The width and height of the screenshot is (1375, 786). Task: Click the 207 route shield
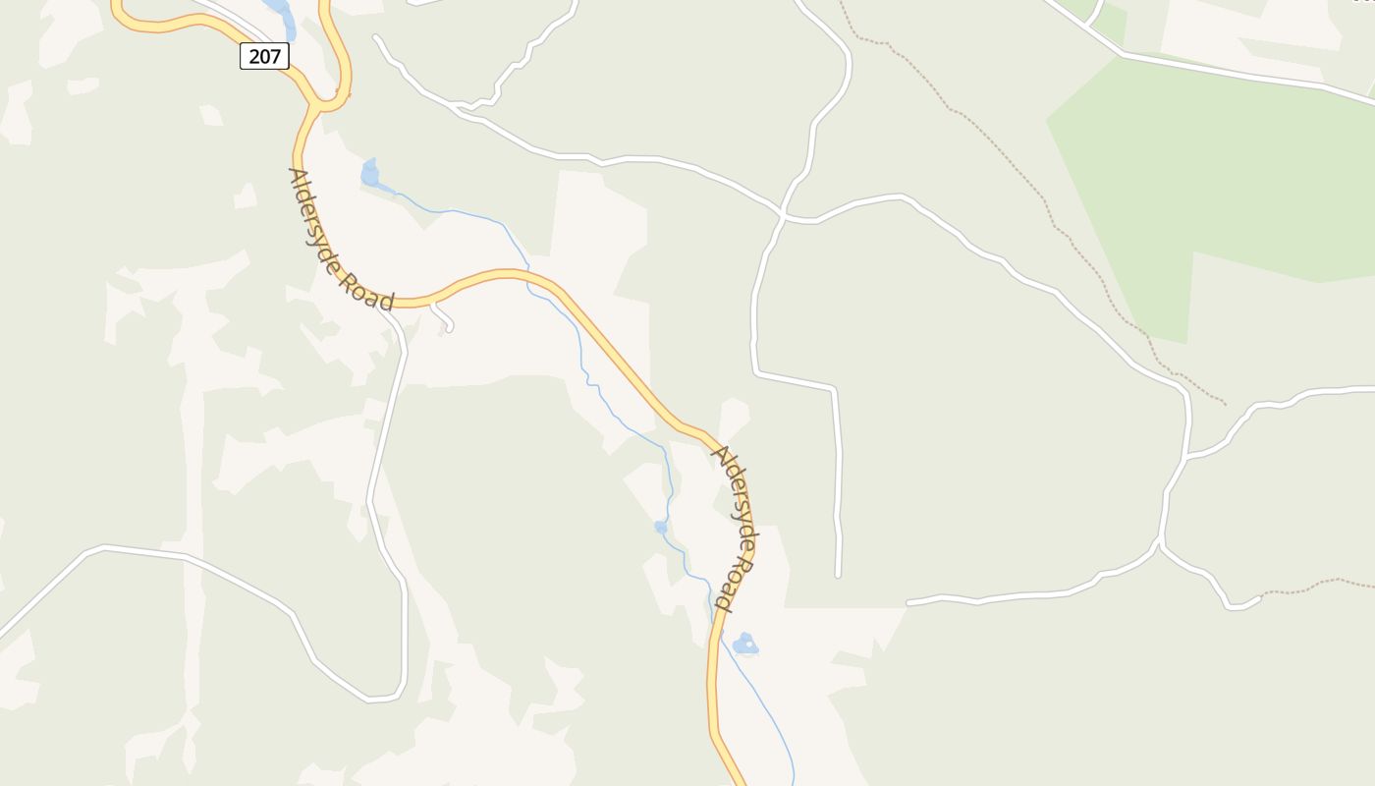pyautogui.click(x=264, y=56)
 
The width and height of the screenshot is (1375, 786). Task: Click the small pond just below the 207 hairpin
pyautogui.click(x=369, y=174)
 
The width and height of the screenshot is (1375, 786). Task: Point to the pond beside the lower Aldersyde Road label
pyautogui.click(x=745, y=645)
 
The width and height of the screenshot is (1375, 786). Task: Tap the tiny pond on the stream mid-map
pyautogui.click(x=661, y=528)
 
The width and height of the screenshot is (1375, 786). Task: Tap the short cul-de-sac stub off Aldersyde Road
pyautogui.click(x=443, y=318)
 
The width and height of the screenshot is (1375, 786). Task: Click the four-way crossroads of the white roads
pyautogui.click(x=782, y=213)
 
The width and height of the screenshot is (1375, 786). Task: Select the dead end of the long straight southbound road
pyautogui.click(x=838, y=575)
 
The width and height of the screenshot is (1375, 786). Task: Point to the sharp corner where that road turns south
pyautogui.click(x=834, y=389)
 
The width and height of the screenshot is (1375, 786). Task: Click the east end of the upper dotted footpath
pyautogui.click(x=1225, y=404)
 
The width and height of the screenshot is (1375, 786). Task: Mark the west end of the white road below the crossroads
pyautogui.click(x=908, y=602)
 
